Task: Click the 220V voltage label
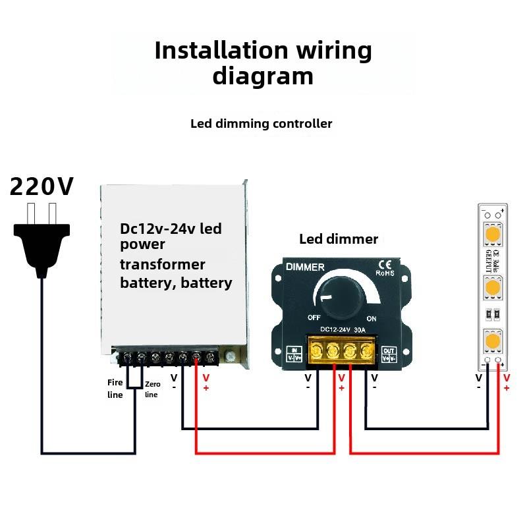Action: [x=41, y=187]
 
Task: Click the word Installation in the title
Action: [x=221, y=51]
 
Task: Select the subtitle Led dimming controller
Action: [x=262, y=123]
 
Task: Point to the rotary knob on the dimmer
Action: [x=340, y=292]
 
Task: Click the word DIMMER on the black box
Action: [x=305, y=267]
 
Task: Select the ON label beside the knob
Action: [x=371, y=318]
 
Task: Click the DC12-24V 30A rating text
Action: [x=343, y=329]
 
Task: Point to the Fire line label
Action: [x=115, y=388]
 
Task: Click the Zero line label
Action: [x=152, y=389]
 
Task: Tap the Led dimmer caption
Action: [x=339, y=239]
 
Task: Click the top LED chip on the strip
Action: [x=492, y=235]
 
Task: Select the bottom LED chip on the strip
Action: [x=492, y=340]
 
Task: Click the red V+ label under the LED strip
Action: [x=507, y=383]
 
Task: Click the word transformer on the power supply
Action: [x=163, y=265]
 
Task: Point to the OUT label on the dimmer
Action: [x=389, y=350]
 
